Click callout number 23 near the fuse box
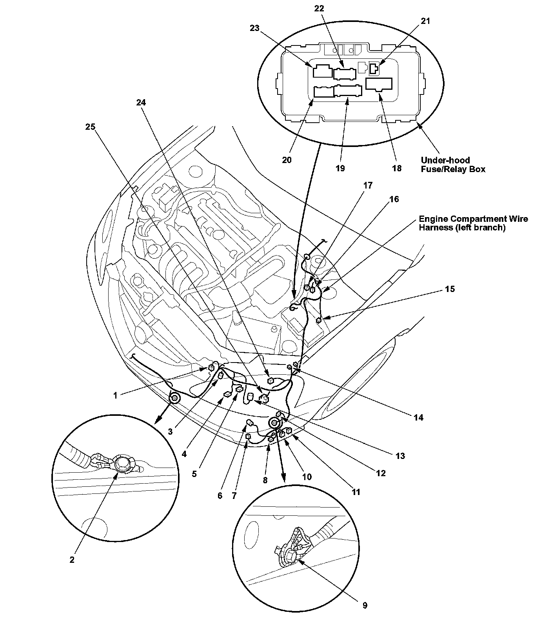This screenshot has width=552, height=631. [255, 28]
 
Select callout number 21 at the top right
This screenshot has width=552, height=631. [425, 21]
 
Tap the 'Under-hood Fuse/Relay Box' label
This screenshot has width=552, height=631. [453, 165]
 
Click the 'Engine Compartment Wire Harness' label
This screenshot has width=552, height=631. [473, 223]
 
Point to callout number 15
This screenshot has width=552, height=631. [450, 289]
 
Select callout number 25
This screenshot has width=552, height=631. [90, 127]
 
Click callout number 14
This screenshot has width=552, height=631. [418, 417]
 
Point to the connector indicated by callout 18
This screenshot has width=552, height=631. [379, 84]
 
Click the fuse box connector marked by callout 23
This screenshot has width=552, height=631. [321, 71]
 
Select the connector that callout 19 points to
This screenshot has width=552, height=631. [347, 91]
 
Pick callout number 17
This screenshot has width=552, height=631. [367, 185]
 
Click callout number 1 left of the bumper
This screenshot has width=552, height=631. [115, 395]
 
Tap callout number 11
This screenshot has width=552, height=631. [356, 492]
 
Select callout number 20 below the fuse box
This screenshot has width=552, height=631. [287, 160]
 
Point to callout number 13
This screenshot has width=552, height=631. [400, 456]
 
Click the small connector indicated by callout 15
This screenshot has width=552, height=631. [319, 320]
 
